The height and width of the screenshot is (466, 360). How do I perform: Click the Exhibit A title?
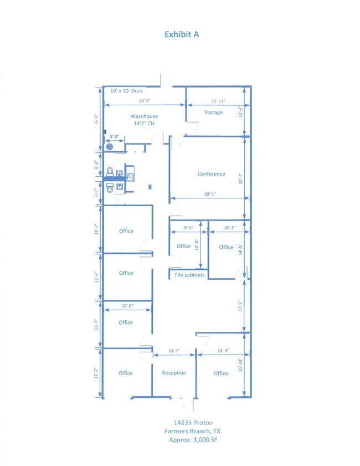[182, 34]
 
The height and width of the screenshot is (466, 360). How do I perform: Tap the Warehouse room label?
[144, 116]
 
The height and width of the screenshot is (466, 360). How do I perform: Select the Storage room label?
[213, 112]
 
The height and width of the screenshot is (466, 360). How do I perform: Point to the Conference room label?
[211, 174]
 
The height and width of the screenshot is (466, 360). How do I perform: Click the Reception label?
[174, 373]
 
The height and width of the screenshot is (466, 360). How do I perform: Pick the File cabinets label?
[189, 275]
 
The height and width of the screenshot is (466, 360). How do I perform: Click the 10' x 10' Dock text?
[126, 91]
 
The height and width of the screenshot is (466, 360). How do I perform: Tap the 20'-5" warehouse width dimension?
[145, 101]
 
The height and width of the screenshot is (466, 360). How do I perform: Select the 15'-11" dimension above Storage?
[218, 101]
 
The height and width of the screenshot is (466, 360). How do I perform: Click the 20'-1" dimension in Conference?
[210, 194]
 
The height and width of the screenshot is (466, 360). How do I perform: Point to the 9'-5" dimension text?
[189, 228]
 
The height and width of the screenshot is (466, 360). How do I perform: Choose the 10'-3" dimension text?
[229, 228]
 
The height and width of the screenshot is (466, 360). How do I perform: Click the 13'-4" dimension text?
[223, 351]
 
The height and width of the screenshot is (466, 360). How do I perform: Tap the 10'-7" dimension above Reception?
[174, 351]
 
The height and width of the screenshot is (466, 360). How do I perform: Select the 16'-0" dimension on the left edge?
[96, 119]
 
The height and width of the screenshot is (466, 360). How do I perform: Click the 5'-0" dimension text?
[114, 137]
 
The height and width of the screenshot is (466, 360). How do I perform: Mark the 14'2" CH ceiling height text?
[144, 124]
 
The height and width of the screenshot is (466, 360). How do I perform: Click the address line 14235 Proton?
[193, 423]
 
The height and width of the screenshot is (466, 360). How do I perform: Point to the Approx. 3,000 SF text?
[193, 440]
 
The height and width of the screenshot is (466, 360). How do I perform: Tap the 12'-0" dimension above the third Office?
[128, 306]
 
